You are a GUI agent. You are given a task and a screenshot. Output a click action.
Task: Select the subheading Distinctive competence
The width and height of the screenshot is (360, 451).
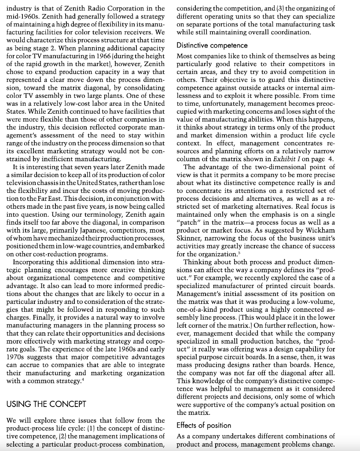click(x=212, y=45)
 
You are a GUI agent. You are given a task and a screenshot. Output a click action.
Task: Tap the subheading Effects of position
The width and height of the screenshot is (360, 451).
click(x=203, y=425)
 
